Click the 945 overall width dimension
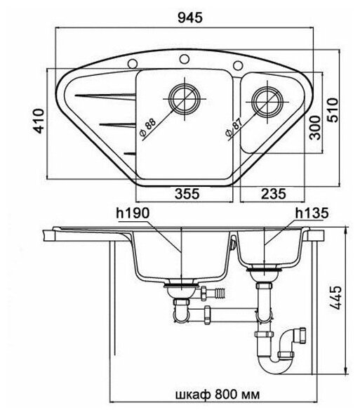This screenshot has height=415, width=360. pos(190,18)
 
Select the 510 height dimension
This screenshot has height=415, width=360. pos(333,110)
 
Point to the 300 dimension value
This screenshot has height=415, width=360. pos(315,128)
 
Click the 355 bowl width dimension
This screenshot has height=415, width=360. pos(187,194)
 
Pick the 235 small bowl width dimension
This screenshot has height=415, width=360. pos(274,194)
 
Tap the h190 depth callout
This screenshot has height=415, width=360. pos(133,213)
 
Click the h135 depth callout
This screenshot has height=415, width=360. pos(312,213)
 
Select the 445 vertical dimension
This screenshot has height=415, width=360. pos(337,297)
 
